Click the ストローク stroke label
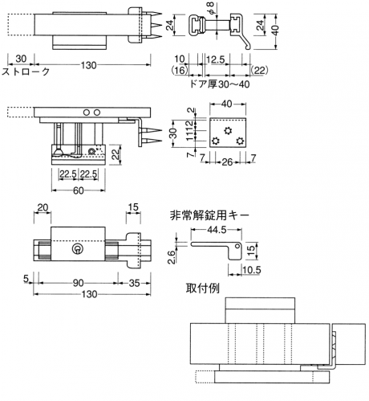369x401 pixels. tap(26, 72)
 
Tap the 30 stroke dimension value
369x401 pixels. tap(21, 59)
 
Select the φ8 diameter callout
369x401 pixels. tap(211, 9)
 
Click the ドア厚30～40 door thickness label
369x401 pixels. tap(220, 84)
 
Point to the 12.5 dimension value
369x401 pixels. tap(216, 59)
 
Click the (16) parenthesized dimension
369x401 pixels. tap(180, 70)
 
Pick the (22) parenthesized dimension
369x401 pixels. tap(259, 70)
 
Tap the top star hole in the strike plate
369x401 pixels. tap(228, 131)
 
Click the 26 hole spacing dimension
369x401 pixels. tap(227, 162)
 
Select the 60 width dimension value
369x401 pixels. tap(78, 190)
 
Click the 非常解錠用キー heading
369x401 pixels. tap(209, 215)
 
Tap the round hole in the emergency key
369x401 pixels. tap(237, 246)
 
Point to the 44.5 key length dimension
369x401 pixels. tap(217, 230)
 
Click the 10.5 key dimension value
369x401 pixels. tap(252, 270)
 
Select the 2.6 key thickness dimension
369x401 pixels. tap(172, 257)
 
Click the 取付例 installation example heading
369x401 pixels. tap(203, 288)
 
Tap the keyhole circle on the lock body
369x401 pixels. tap(78, 249)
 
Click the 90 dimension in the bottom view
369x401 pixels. tap(78, 283)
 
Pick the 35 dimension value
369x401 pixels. tap(134, 283)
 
